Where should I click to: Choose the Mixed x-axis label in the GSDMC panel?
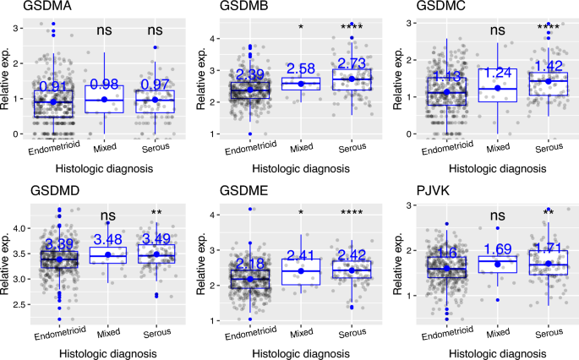click(x=500, y=146)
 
